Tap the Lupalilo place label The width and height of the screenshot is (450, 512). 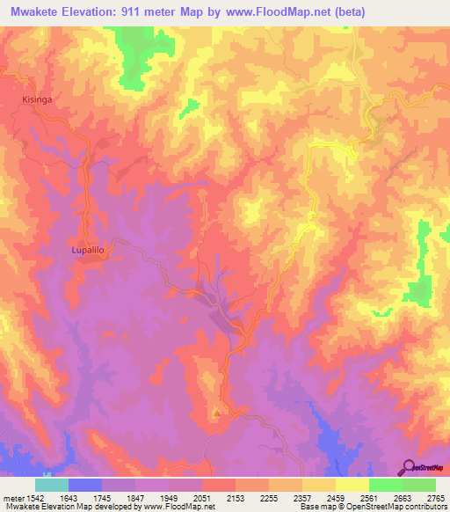pyautogui.click(x=88, y=251)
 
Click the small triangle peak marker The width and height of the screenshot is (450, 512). pyautogui.click(x=217, y=411)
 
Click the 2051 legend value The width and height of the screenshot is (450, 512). pyautogui.click(x=201, y=497)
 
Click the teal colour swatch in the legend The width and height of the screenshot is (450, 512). pyautogui.click(x=52, y=485)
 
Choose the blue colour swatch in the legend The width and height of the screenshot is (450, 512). pyautogui.click(x=85, y=485)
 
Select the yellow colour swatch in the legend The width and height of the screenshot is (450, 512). pyautogui.click(x=352, y=485)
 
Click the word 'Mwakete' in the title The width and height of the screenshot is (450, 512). pyautogui.click(x=30, y=12)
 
